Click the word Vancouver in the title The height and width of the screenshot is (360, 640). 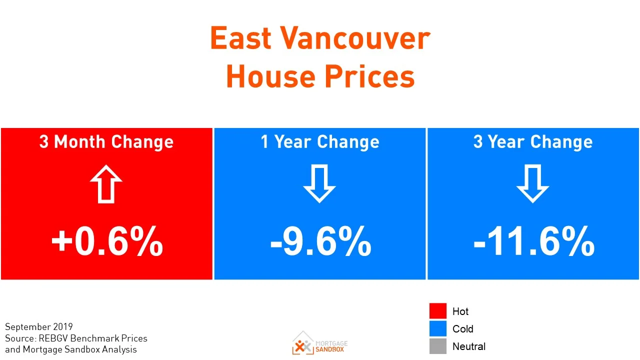coord(354,38)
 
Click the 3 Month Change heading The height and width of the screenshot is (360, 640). coord(106,142)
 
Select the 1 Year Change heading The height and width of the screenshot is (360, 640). coord(320,142)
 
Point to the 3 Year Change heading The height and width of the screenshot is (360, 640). coord(533,142)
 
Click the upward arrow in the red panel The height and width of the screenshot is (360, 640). coord(106,183)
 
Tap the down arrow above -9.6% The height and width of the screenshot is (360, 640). coord(319,184)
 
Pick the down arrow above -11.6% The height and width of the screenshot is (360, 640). coord(533,184)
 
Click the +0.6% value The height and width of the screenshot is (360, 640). coord(107,242)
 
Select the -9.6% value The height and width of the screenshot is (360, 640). coord(320,242)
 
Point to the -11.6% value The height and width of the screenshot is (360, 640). coord(533,242)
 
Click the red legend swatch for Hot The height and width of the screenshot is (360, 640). coord(437,311)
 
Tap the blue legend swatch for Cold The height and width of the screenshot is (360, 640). coord(437,328)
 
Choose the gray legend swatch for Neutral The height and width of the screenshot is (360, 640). coord(437,346)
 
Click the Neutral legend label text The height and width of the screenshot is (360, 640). coord(468,346)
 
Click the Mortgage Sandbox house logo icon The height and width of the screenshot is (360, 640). coord(303,343)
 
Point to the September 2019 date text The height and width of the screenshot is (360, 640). coord(39,327)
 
